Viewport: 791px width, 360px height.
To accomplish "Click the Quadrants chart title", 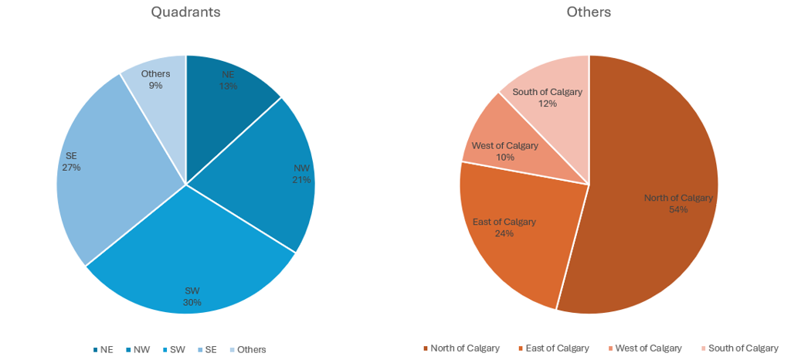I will pos(185,12).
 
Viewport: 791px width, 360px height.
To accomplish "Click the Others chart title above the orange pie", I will pos(589,12).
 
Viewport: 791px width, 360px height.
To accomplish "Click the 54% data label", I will pos(678,209).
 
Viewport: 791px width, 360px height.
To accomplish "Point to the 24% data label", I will pos(504,233).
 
